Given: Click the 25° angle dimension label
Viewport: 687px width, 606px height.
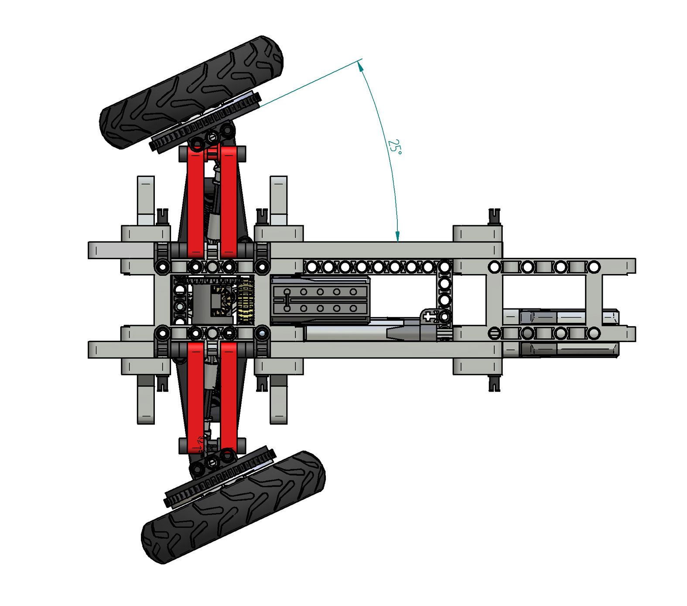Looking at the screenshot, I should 394,147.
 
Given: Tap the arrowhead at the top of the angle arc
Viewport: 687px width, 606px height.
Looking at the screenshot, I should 360,65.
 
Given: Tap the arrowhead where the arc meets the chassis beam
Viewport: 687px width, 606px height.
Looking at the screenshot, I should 397,237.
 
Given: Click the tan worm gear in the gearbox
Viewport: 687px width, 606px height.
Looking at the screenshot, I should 245,301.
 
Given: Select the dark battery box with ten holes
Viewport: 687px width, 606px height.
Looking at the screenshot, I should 320,301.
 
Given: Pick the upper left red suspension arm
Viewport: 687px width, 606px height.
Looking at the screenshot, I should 195,200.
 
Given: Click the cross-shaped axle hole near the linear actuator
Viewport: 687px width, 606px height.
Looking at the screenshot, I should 429,317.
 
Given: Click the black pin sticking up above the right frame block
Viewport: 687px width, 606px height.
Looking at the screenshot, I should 494,215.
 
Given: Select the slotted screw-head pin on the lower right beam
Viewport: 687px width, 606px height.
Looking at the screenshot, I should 494,334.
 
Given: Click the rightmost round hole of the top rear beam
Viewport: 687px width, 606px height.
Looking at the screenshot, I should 594,266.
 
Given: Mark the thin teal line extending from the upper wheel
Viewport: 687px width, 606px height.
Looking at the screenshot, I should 310,83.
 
